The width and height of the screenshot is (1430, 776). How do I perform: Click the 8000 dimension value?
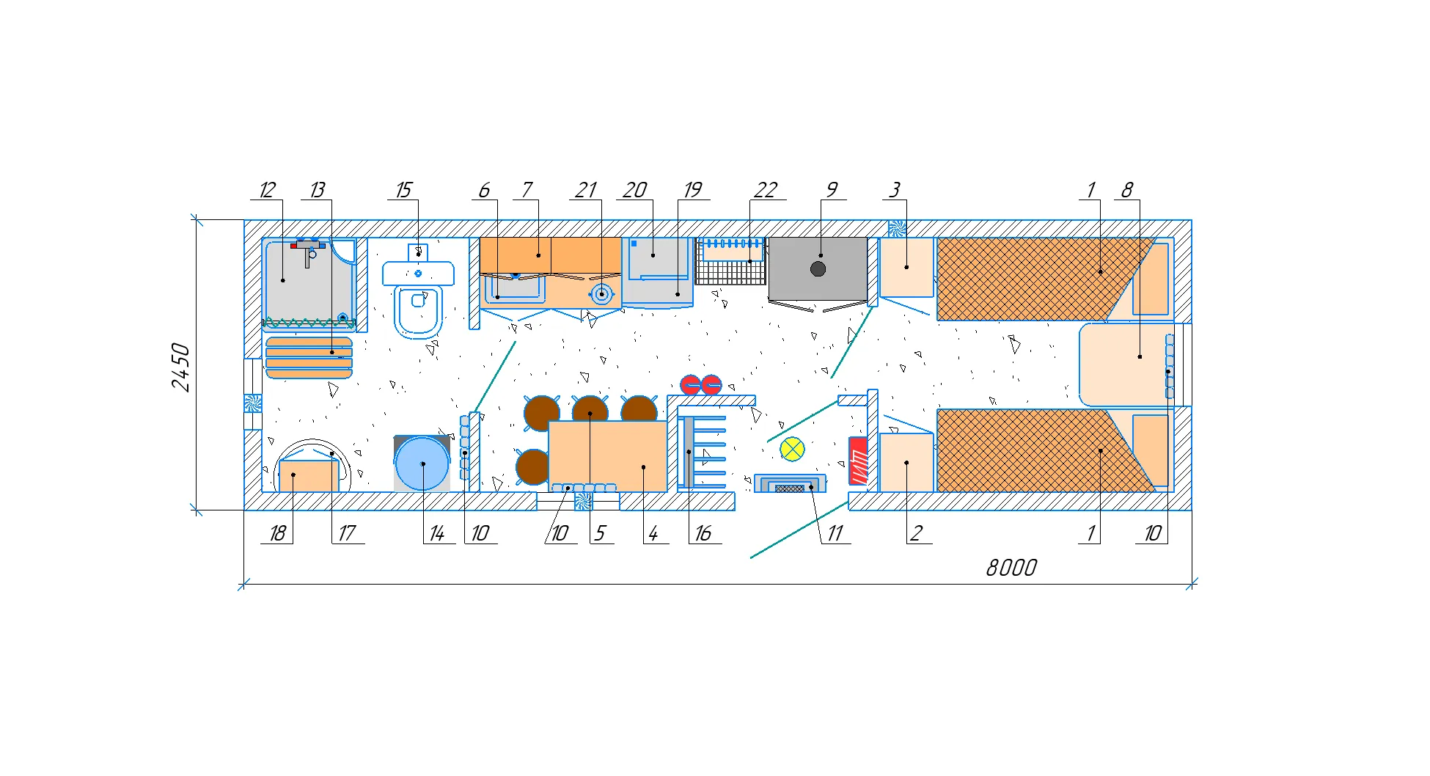click(x=1011, y=568)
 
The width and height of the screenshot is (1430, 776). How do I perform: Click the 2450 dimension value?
click(x=180, y=367)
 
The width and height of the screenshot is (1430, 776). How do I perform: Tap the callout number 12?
click(x=267, y=190)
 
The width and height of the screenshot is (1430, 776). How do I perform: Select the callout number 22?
click(x=765, y=190)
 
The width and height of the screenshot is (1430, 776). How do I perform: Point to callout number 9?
click(x=832, y=190)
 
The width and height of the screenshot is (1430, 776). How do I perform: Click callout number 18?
click(x=277, y=533)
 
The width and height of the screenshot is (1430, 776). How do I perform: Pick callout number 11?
click(x=835, y=533)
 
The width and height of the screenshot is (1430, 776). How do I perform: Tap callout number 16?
click(x=703, y=533)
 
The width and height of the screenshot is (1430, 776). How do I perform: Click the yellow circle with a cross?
click(x=792, y=449)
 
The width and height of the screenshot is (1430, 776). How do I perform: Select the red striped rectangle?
click(x=858, y=461)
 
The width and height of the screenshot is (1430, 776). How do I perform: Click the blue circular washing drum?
click(x=422, y=464)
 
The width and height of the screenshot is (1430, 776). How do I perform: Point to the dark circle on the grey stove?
click(x=818, y=269)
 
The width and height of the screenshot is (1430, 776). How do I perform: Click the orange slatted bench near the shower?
click(x=309, y=357)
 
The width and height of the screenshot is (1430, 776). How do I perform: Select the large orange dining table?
click(x=608, y=456)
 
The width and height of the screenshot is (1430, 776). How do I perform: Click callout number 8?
click(x=1127, y=190)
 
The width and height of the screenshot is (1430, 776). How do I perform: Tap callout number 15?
click(x=403, y=190)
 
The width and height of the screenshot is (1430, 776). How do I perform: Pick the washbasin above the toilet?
click(x=418, y=267)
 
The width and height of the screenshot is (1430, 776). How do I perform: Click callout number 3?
click(x=895, y=190)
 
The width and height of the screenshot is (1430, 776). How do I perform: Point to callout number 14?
click(x=436, y=533)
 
